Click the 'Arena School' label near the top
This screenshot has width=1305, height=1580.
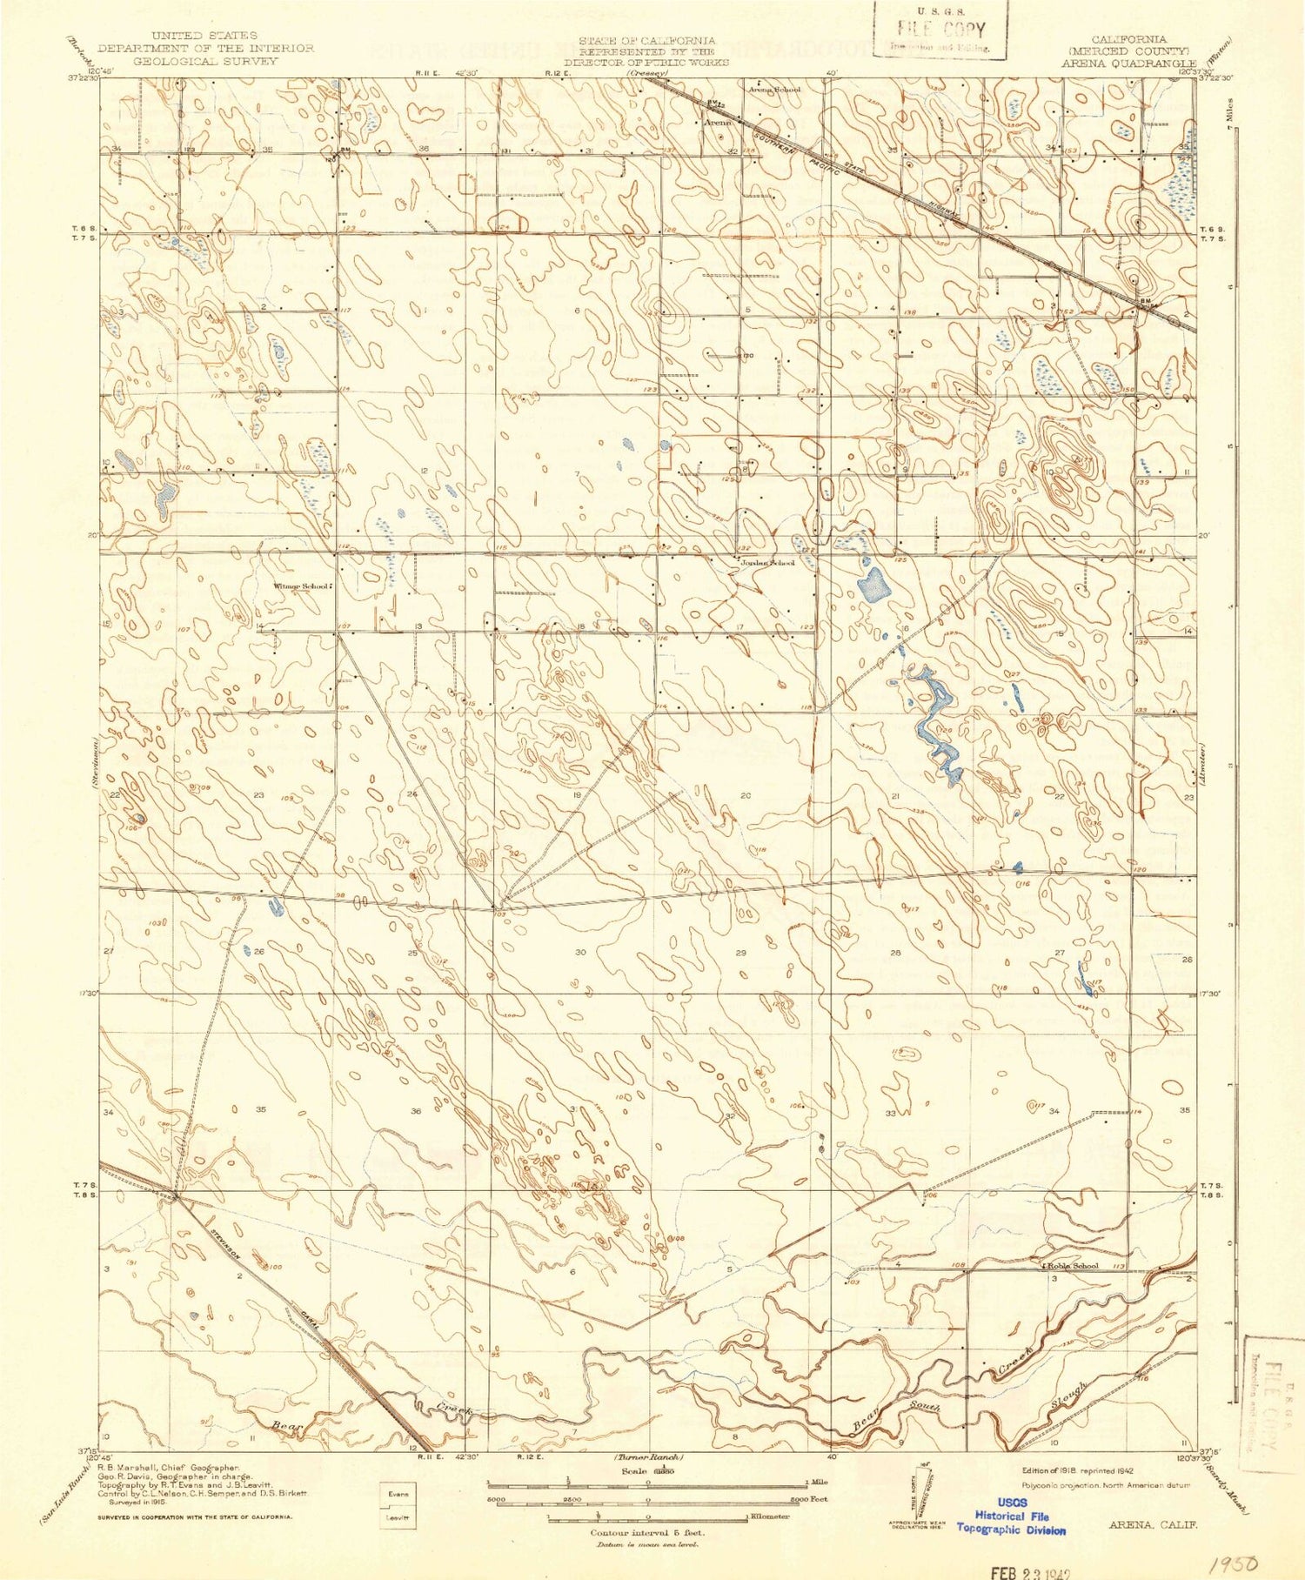click(x=775, y=88)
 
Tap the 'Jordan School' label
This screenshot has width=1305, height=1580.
click(x=766, y=563)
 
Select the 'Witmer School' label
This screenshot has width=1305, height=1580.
click(x=302, y=586)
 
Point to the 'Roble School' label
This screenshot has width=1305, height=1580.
click(x=1074, y=1266)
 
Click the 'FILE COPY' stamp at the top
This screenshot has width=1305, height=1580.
click(x=940, y=29)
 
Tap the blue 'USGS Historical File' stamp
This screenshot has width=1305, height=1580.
click(x=1012, y=1516)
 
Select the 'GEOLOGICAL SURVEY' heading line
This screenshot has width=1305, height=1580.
click(x=205, y=61)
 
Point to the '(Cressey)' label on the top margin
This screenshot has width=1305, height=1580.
click(x=648, y=74)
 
